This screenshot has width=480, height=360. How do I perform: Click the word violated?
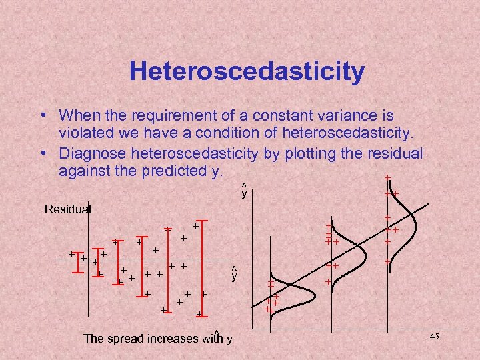83,131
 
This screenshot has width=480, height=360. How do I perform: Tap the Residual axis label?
67,209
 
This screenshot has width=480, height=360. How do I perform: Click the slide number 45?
434,337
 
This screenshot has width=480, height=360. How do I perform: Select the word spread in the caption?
127,338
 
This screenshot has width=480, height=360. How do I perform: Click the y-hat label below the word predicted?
244,192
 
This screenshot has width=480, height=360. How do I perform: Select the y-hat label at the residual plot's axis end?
234,274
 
